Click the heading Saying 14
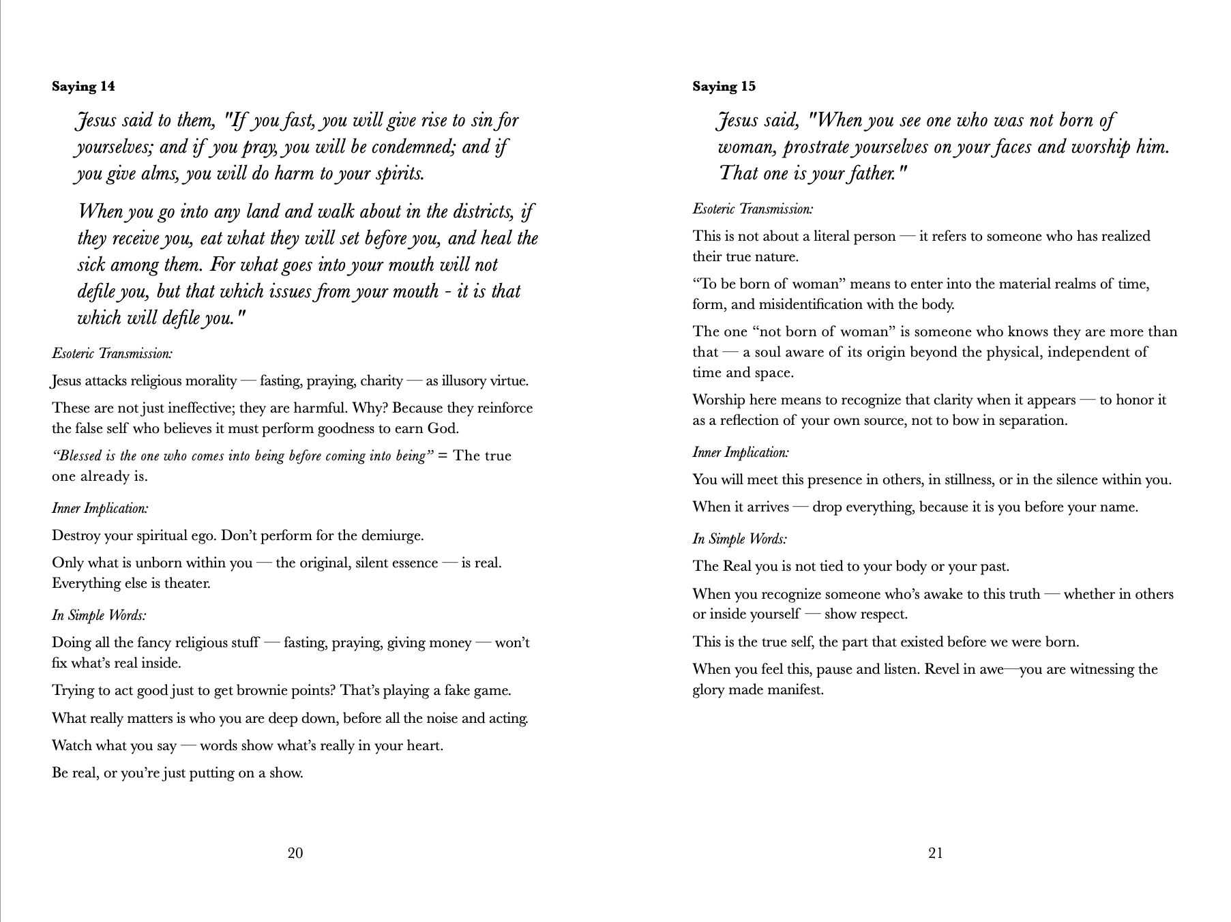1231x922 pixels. (83, 87)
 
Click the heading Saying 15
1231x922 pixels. (724, 87)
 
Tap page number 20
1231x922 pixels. (295, 853)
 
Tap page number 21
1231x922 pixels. (936, 853)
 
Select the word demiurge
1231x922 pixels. (394, 536)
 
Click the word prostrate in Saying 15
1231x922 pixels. (816, 147)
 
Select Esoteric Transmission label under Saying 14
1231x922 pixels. (112, 354)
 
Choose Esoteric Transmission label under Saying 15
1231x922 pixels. (752, 209)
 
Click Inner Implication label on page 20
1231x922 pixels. (100, 509)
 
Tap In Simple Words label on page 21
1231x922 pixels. (739, 539)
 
